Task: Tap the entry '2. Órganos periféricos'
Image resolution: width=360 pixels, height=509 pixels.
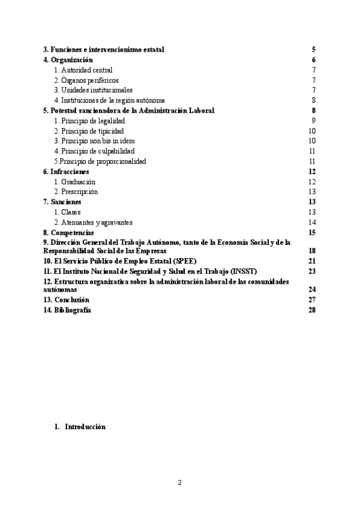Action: pos(86,80)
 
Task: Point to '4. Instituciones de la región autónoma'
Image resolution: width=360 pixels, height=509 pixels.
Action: pos(109,100)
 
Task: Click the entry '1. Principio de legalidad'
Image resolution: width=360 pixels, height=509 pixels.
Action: pos(89,121)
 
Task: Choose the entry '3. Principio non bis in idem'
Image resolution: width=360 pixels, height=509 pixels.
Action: pos(94,141)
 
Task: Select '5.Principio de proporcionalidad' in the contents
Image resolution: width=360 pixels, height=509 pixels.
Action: pos(100,161)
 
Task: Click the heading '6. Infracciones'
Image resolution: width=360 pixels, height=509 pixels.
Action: pos(70,172)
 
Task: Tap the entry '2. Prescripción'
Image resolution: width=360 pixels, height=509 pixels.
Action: pos(76,192)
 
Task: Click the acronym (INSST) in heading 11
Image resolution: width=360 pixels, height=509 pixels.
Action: pos(240,271)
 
